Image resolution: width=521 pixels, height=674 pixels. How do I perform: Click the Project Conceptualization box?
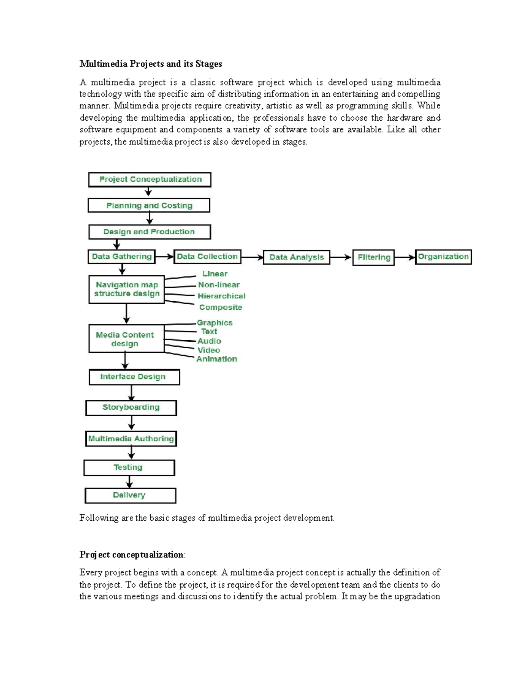pyautogui.click(x=150, y=180)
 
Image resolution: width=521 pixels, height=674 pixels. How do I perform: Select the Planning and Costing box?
pyautogui.click(x=149, y=205)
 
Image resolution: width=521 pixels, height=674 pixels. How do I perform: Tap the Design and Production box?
pyautogui.click(x=149, y=232)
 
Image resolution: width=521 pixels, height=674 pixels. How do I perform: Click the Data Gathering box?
pyautogui.click(x=122, y=256)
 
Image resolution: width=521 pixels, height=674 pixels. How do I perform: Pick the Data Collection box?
pyautogui.click(x=207, y=256)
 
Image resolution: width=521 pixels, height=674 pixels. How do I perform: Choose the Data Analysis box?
pyautogui.click(x=297, y=257)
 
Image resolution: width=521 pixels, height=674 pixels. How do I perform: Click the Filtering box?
pyautogui.click(x=373, y=257)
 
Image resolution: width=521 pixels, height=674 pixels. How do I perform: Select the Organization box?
pyautogui.click(x=443, y=257)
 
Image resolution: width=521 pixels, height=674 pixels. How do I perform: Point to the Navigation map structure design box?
pyautogui.click(x=126, y=289)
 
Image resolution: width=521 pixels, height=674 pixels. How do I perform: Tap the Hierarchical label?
pyautogui.click(x=221, y=296)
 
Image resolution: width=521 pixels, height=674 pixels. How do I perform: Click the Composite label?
pyautogui.click(x=221, y=307)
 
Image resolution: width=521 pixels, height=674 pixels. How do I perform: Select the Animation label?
pyautogui.click(x=217, y=359)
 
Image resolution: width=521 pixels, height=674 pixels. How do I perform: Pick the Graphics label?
pyautogui.click(x=214, y=322)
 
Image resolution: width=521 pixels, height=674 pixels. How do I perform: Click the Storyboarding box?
pyautogui.click(x=131, y=408)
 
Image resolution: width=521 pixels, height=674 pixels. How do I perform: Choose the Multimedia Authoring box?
pyautogui.click(x=131, y=439)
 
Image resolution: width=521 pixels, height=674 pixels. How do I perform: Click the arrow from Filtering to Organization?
pyautogui.click(x=405, y=257)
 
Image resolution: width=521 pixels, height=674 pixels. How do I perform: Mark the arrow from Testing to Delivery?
pyautogui.click(x=129, y=482)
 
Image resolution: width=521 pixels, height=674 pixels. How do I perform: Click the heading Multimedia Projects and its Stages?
pyautogui.click(x=151, y=64)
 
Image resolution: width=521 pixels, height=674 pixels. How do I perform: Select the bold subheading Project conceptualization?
pyautogui.click(x=132, y=555)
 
